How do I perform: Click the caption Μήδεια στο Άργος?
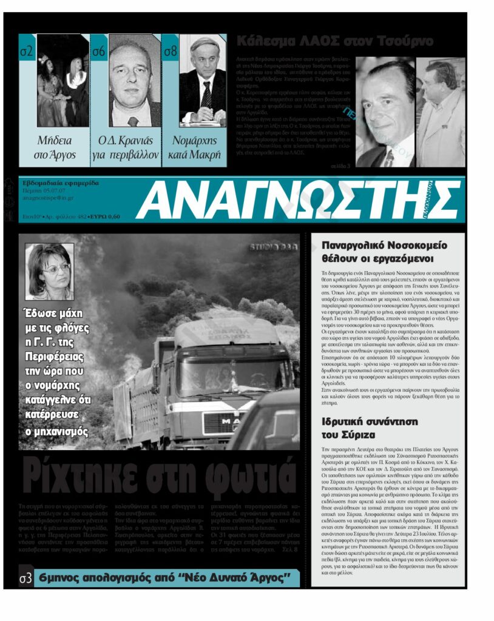55,147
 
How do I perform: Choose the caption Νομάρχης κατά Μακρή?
195,147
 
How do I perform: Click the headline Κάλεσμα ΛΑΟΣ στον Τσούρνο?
335,42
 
